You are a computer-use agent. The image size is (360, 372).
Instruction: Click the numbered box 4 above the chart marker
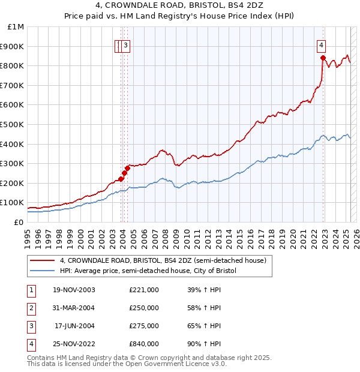(322, 44)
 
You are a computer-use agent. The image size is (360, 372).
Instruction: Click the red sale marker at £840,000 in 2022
(323, 58)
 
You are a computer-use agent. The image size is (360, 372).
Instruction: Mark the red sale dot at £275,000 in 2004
(128, 169)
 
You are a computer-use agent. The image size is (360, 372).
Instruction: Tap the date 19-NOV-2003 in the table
(74, 290)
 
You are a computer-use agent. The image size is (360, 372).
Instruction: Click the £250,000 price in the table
(144, 308)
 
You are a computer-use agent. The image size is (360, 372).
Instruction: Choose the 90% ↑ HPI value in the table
(205, 344)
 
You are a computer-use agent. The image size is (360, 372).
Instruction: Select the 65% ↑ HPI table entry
(205, 326)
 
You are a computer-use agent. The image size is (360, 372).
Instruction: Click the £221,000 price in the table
(144, 290)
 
